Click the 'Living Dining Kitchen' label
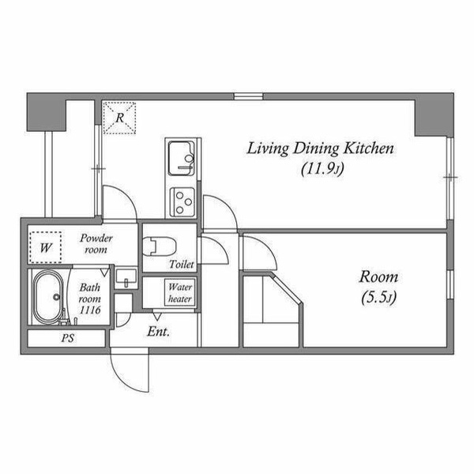pyautogui.click(x=321, y=149)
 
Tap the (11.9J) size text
pyautogui.click(x=322, y=169)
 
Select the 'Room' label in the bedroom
pyautogui.click(x=378, y=277)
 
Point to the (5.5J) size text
pyautogui.click(x=378, y=298)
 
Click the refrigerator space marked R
pyautogui.click(x=119, y=118)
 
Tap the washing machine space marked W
pyautogui.click(x=46, y=247)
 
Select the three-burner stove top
pyautogui.click(x=182, y=202)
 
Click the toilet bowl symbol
pyautogui.click(x=159, y=246)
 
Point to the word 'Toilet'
pyautogui.click(x=182, y=264)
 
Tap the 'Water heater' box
pyautogui.click(x=180, y=292)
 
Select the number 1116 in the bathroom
pyautogui.click(x=90, y=310)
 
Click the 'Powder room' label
pyautogui.click(x=96, y=243)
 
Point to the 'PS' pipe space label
pyautogui.click(x=68, y=338)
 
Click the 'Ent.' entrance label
pyautogui.click(x=158, y=332)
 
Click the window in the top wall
pyautogui.click(x=248, y=96)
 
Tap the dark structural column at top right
pyautogui.click(x=434, y=115)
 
